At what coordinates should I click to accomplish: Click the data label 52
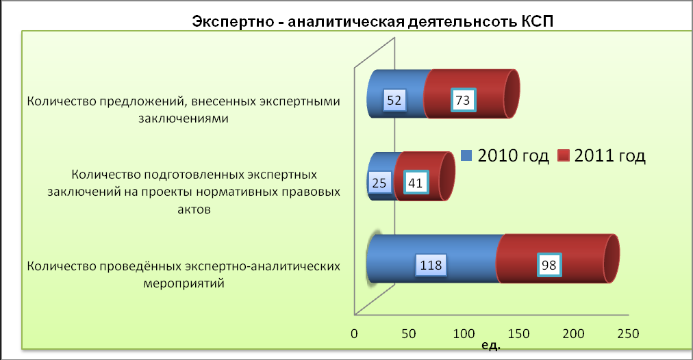(394, 101)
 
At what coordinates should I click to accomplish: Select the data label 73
(463, 101)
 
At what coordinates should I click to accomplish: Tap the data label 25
(379, 183)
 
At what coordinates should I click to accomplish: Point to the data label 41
(416, 183)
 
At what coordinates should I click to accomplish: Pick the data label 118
(431, 265)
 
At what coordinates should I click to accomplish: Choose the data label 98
(549, 265)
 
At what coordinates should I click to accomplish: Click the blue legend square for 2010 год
(466, 155)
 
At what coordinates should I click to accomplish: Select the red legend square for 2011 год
(563, 155)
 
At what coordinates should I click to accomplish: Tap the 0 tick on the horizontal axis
(354, 334)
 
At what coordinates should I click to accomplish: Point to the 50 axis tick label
(409, 334)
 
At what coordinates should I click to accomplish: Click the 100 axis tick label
(464, 334)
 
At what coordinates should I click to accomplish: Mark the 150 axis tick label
(518, 334)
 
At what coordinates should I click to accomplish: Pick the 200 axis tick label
(573, 334)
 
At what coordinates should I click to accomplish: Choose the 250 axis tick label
(628, 334)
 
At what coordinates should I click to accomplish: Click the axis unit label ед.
(491, 345)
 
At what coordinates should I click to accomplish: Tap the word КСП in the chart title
(537, 21)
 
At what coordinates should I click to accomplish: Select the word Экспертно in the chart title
(233, 22)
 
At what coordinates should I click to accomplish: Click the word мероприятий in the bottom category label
(184, 283)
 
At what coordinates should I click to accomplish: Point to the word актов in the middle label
(194, 209)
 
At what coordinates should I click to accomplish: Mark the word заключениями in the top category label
(184, 118)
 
